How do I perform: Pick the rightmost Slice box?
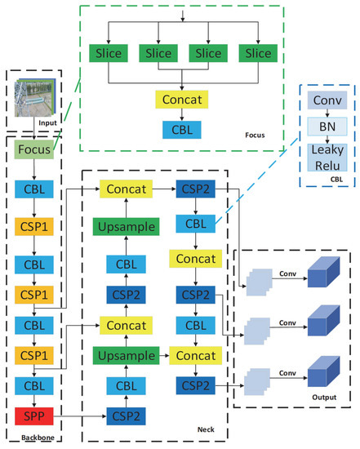pos(258,53)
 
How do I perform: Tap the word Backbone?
pos(26,439)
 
